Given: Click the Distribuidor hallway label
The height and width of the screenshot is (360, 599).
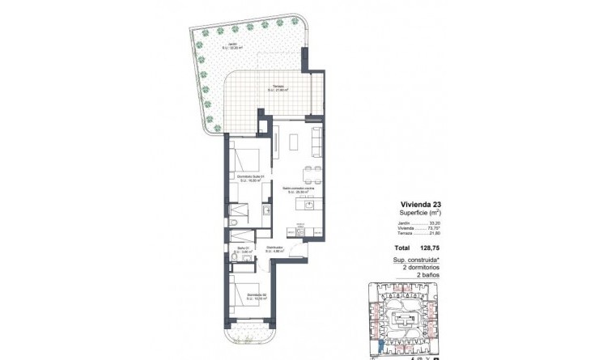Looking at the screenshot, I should click(x=273, y=249).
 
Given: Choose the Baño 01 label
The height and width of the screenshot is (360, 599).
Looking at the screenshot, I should click(x=243, y=250).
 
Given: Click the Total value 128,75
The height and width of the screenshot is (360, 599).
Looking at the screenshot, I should click(x=427, y=249).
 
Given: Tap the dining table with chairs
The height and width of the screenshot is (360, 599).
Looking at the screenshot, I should click(x=309, y=172).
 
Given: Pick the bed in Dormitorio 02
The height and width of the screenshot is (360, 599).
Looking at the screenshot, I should click(x=245, y=285).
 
